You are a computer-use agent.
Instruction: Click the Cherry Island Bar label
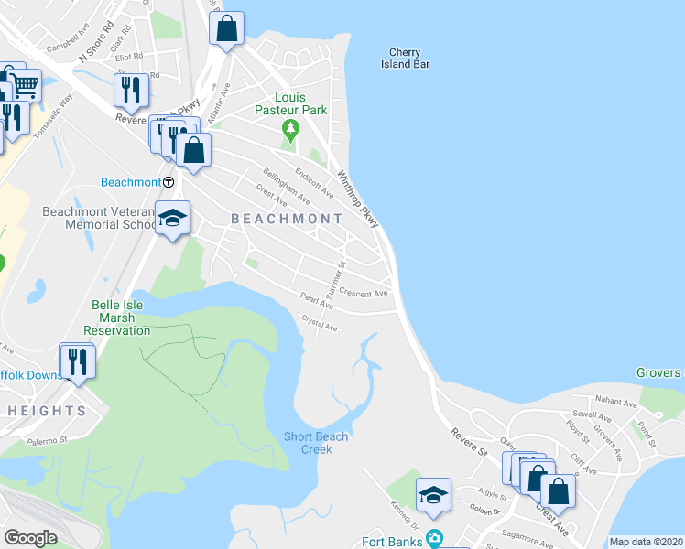click(405, 59)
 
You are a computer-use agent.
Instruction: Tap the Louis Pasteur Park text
click(289, 103)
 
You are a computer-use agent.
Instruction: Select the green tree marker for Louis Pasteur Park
click(290, 128)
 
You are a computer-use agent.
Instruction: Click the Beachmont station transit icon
click(169, 182)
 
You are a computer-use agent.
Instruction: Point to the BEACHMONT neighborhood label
click(287, 219)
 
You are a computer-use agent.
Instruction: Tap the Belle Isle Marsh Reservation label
click(115, 318)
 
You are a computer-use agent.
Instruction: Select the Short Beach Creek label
click(316, 443)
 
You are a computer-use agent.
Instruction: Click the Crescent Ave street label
click(364, 293)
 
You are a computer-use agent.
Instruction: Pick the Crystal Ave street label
click(321, 323)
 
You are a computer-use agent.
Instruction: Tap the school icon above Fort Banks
click(433, 497)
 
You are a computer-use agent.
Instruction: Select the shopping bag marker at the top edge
click(227, 28)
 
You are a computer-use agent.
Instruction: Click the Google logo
click(30, 538)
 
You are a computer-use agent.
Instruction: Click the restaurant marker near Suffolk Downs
click(77, 361)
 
